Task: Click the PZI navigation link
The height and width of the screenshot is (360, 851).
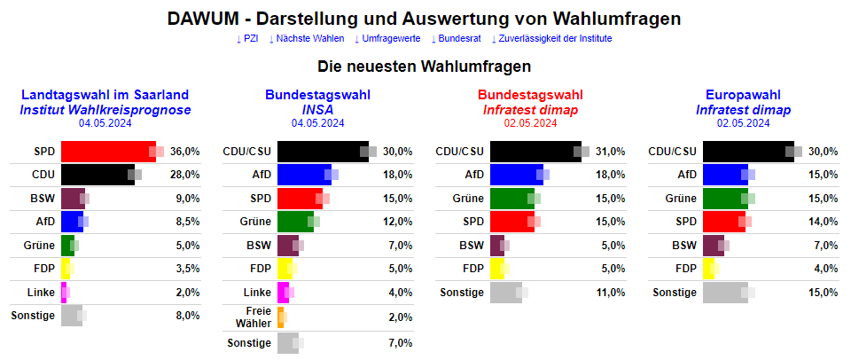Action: pyautogui.click(x=249, y=39)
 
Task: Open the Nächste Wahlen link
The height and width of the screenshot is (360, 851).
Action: pyautogui.click(x=309, y=39)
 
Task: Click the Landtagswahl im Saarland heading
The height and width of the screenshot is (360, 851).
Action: pyautogui.click(x=105, y=95)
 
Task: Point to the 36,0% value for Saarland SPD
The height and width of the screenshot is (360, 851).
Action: pyautogui.click(x=184, y=152)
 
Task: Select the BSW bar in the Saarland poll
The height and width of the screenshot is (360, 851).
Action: pyautogui.click(x=73, y=198)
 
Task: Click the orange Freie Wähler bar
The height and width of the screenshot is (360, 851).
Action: pyautogui.click(x=280, y=318)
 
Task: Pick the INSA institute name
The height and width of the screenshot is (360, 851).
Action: pyautogui.click(x=317, y=109)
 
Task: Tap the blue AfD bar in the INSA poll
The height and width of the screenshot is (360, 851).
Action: pyautogui.click(x=304, y=175)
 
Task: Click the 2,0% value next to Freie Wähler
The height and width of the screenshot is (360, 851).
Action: pyautogui.click(x=400, y=318)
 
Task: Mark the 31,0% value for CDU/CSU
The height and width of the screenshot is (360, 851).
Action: pyautogui.click(x=610, y=152)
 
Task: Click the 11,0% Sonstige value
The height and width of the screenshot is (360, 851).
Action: pyautogui.click(x=610, y=292)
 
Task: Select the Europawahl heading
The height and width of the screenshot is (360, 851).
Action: pyautogui.click(x=742, y=95)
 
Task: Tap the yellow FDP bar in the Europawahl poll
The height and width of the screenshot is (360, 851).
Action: pyautogui.click(x=708, y=268)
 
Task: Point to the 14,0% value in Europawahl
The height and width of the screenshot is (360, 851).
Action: pyautogui.click(x=823, y=221)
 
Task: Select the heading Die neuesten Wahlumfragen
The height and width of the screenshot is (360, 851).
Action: pyautogui.click(x=425, y=66)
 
